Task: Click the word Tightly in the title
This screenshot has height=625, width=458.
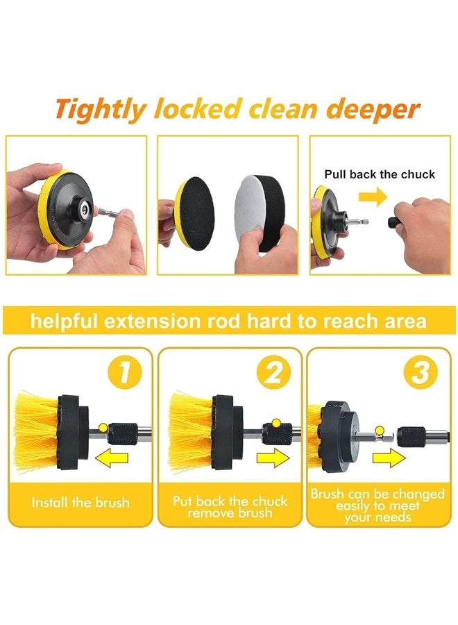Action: [101, 110]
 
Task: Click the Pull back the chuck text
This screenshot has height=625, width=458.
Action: [380, 174]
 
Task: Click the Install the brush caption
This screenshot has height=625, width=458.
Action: [80, 502]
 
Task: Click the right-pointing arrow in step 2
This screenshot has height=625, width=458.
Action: [271, 458]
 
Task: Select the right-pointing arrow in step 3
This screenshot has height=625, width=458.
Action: [387, 458]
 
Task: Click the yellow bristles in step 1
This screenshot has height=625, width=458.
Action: [35, 431]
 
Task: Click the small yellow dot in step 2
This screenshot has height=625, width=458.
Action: [275, 423]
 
